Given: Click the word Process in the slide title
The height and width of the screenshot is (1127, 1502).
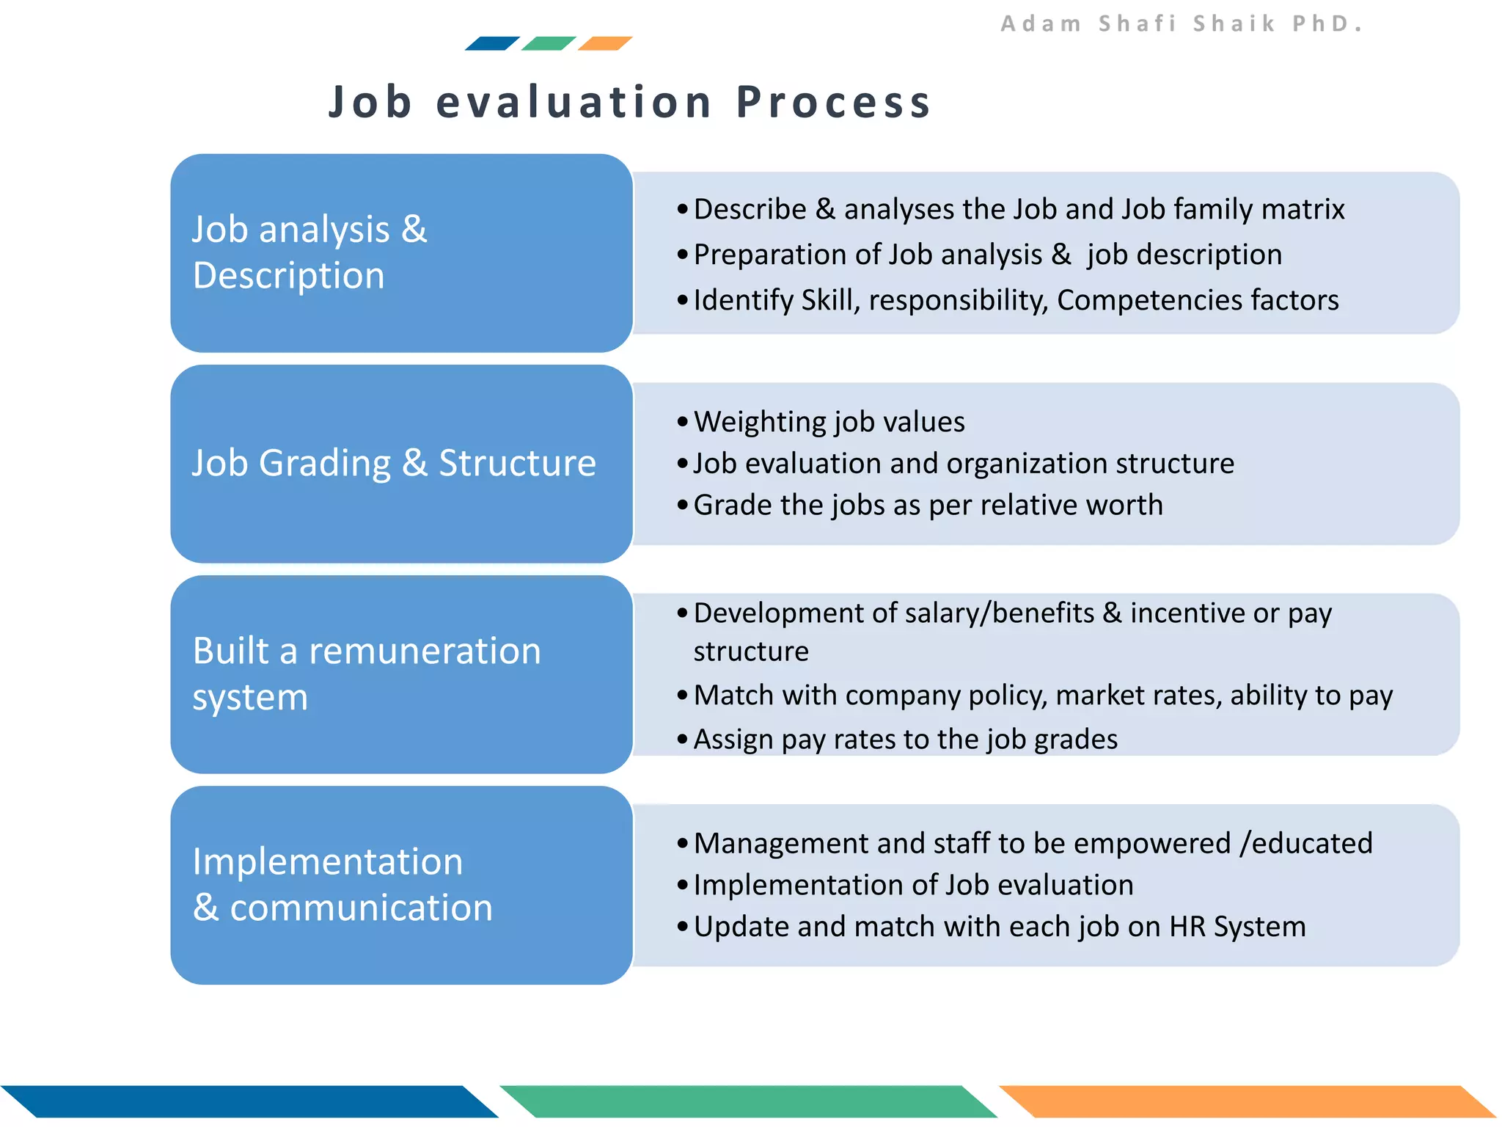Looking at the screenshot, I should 833,101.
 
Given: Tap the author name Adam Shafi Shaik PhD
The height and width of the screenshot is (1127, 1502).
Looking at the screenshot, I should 1181,23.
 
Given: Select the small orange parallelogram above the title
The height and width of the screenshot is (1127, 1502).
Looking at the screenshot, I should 605,43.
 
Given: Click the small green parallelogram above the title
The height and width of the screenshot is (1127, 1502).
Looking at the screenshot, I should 549,43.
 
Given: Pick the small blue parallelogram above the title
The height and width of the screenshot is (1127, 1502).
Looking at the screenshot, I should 492,43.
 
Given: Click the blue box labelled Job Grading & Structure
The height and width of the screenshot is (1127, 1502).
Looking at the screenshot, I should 400,464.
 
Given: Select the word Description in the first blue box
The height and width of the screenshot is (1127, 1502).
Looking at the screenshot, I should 289,276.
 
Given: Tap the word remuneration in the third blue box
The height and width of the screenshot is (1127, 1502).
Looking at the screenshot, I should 425,651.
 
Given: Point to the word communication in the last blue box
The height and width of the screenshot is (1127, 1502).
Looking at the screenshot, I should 361,908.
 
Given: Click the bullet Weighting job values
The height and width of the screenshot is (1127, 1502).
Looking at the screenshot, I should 829,422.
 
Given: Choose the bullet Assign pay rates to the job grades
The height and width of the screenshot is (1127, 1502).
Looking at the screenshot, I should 905,739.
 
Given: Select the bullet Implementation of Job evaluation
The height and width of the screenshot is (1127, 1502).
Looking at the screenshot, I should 913,885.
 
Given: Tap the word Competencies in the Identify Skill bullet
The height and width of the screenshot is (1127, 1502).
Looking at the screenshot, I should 1149,300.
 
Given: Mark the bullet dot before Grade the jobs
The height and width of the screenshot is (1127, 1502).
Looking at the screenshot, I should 683,506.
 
